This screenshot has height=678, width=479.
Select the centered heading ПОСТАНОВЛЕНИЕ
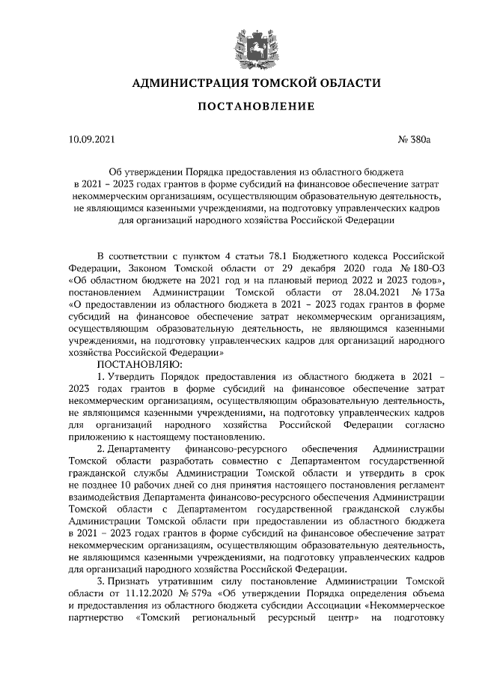tap(248, 109)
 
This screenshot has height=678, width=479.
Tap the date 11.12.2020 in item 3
tap(137, 593)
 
